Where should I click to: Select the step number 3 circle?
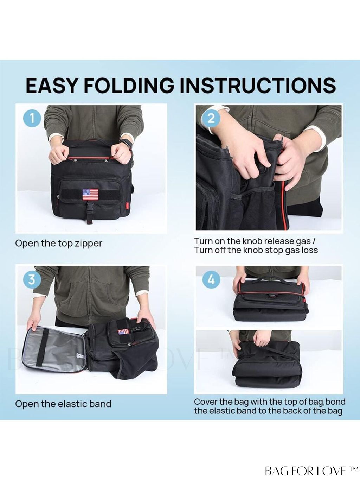pos(32,279)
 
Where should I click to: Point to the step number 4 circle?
pos(211,279)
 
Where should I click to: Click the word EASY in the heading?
pos(51,86)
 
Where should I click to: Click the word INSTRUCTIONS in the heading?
pos(258,86)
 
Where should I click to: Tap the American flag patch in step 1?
pos(90,194)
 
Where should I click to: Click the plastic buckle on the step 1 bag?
pos(90,206)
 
